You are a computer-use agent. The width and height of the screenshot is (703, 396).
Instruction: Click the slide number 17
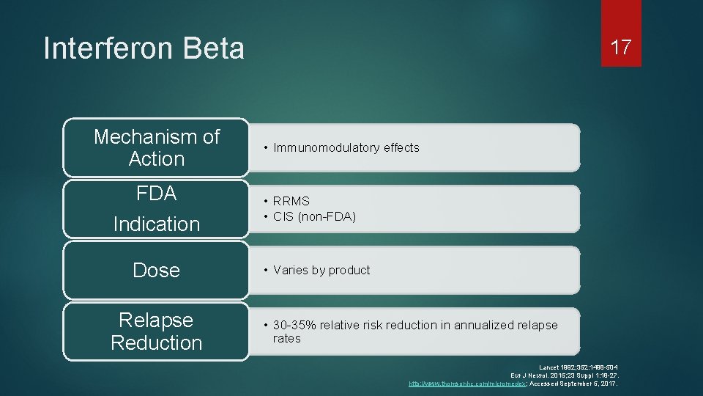[621, 48]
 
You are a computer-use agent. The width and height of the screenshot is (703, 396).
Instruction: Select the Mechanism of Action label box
[156, 147]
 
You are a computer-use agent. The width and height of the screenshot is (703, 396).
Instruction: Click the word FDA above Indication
[156, 194]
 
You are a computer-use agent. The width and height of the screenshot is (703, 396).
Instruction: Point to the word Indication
[156, 224]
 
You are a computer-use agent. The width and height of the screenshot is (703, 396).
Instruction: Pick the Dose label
[156, 270]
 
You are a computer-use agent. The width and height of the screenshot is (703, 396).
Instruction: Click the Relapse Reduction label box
[156, 331]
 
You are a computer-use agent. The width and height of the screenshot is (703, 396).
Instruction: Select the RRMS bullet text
[291, 201]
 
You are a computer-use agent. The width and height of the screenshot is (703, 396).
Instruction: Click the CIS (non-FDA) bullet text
[314, 216]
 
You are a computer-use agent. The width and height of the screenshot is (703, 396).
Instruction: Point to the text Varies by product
[321, 270]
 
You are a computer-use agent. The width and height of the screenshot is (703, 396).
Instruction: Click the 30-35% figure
[295, 325]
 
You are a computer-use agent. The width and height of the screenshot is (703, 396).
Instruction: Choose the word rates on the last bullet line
[287, 338]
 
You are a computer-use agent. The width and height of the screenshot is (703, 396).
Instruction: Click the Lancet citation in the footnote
[579, 367]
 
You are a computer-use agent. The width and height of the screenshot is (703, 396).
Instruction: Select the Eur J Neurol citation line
[565, 375]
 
